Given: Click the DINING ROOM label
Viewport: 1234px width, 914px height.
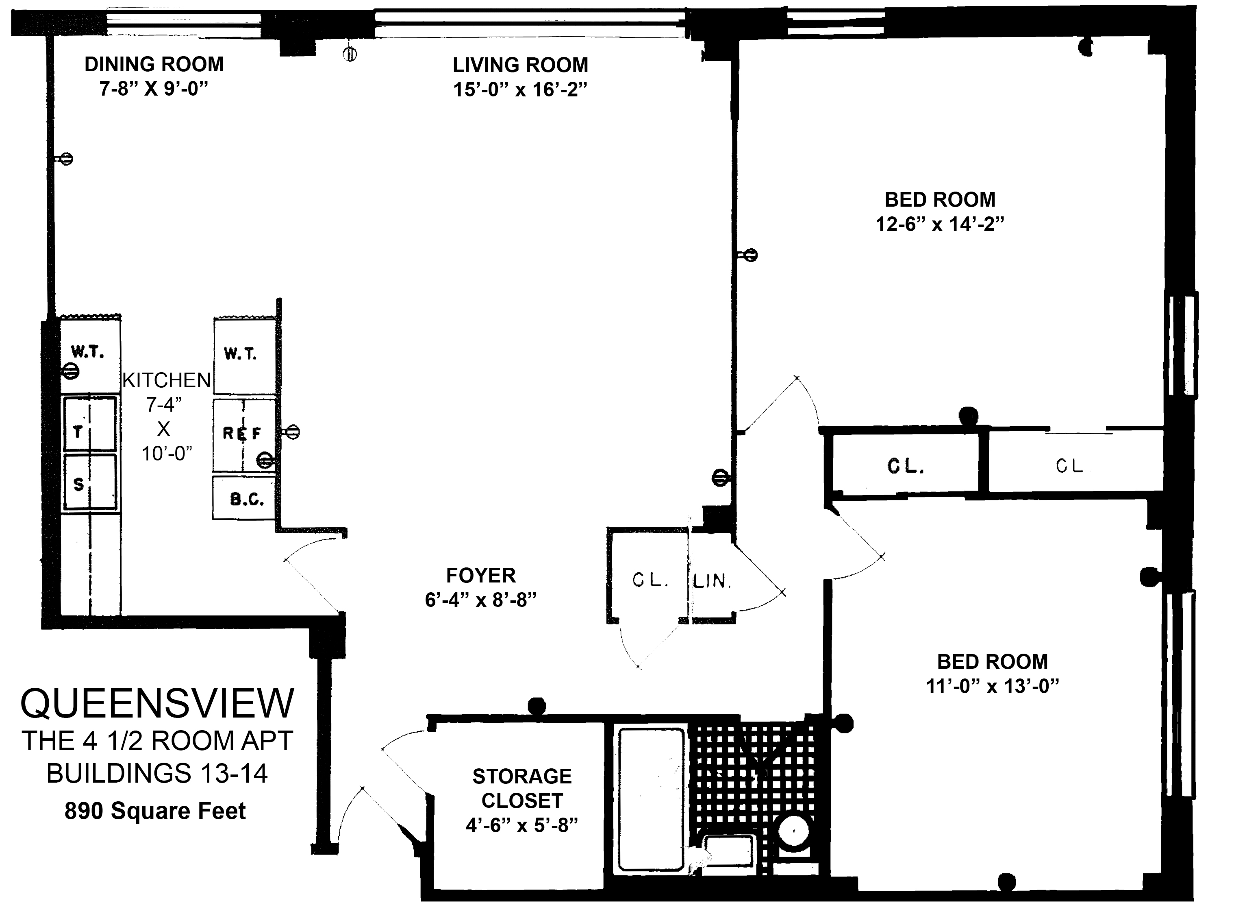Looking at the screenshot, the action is [x=154, y=65].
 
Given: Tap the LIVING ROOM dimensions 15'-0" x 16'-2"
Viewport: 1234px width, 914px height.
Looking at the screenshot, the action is [x=520, y=89].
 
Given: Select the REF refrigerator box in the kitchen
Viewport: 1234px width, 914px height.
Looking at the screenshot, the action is [x=244, y=435].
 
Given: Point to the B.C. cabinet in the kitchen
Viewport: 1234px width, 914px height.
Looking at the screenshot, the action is [x=244, y=498].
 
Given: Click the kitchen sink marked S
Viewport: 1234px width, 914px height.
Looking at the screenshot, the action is [x=90, y=482].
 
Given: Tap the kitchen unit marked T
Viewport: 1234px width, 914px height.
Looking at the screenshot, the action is [x=90, y=424].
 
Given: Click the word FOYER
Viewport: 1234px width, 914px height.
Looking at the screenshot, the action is [x=481, y=576].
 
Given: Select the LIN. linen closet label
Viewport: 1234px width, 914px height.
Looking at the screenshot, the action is [x=713, y=581].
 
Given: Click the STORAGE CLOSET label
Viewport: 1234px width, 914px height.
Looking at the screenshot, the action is [x=522, y=788].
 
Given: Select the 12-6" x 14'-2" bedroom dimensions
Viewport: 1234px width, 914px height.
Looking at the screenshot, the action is [x=940, y=225].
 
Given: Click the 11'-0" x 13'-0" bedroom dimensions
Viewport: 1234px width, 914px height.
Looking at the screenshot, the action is [x=993, y=687].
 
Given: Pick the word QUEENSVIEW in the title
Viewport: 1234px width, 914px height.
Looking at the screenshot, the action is [x=158, y=704].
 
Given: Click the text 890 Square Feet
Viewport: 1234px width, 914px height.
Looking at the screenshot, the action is [x=155, y=811].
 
